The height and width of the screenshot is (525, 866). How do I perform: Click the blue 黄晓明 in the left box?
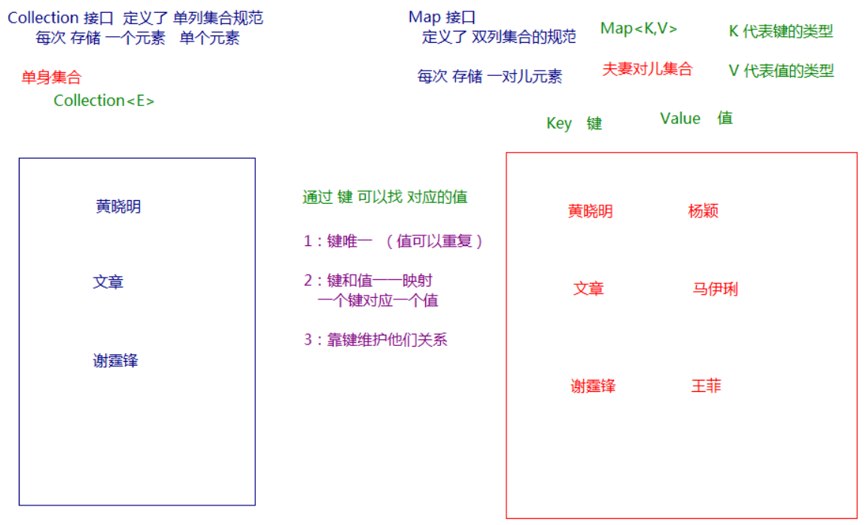tap(118, 207)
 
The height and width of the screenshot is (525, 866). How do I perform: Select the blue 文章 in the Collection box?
tap(108, 283)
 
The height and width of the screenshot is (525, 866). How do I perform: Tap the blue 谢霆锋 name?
tap(116, 361)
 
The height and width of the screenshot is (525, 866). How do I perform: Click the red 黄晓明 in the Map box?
tap(590, 211)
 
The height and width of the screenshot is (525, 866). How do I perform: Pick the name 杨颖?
tap(703, 211)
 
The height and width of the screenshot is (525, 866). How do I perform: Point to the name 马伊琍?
tap(715, 289)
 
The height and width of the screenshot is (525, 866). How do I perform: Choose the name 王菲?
tap(706, 387)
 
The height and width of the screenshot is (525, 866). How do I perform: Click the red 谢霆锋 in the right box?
tap(593, 387)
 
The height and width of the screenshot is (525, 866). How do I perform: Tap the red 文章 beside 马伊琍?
tap(588, 289)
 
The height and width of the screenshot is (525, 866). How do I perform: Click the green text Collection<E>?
tap(104, 101)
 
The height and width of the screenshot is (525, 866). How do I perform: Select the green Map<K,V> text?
tap(639, 29)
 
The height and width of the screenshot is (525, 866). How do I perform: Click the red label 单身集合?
tap(51, 77)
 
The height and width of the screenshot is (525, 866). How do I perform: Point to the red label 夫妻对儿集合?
tap(647, 69)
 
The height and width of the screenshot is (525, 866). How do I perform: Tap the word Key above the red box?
tap(559, 123)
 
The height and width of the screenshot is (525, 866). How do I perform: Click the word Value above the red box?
tap(680, 119)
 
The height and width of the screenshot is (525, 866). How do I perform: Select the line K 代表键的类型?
tap(781, 32)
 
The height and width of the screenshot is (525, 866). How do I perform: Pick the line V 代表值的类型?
tap(781, 71)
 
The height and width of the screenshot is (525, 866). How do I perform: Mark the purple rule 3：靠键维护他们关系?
tap(375, 340)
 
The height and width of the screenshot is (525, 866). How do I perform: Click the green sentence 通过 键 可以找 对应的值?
tap(384, 197)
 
